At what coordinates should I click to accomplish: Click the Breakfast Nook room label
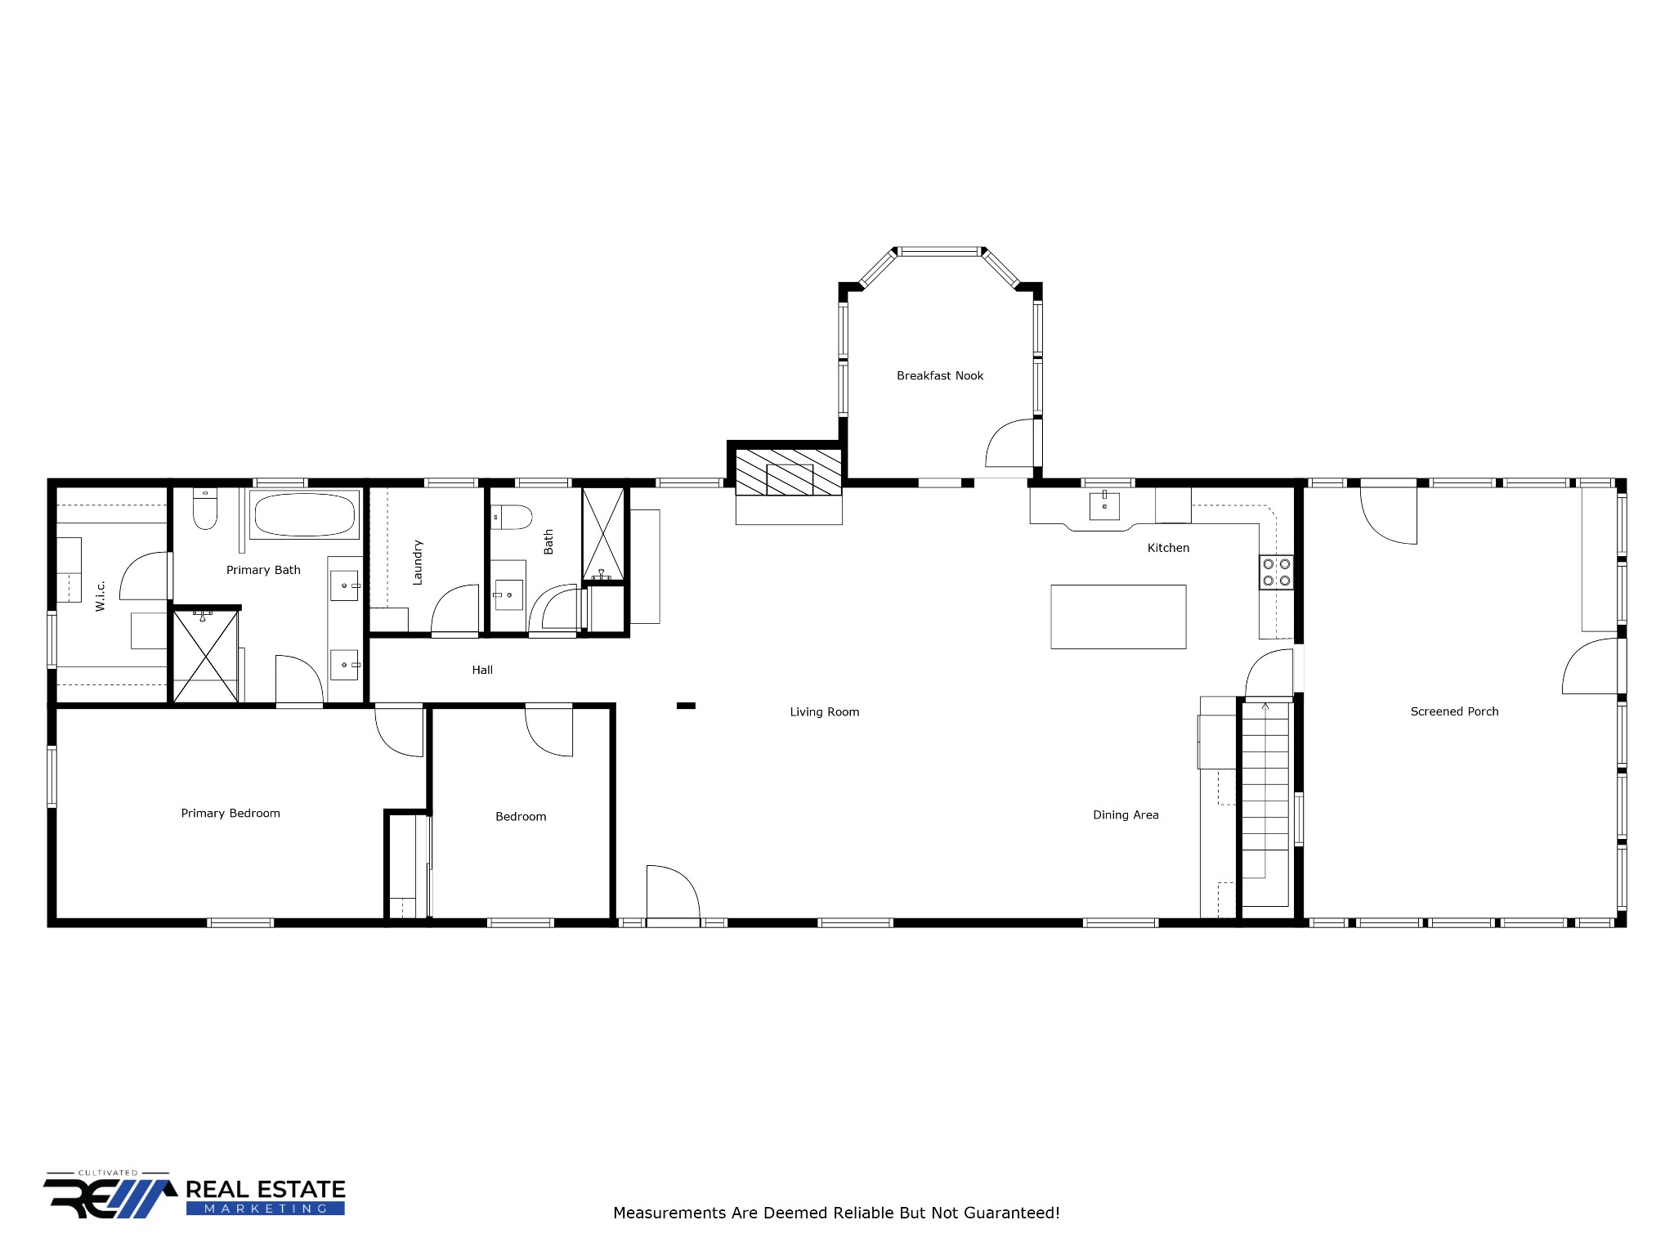[x=940, y=376]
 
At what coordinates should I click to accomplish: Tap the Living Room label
[x=824, y=712]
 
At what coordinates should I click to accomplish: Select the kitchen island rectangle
[x=1118, y=617]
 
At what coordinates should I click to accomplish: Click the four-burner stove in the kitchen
[x=1276, y=572]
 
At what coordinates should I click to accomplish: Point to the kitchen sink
[x=1104, y=506]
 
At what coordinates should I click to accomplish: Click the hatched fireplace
[x=789, y=473]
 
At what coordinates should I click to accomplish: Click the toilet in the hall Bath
[x=512, y=517]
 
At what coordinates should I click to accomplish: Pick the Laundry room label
[x=418, y=563]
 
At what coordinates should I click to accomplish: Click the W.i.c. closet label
[x=101, y=595]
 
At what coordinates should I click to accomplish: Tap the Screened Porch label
[x=1454, y=711]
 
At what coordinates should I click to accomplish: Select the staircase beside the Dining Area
[x=1265, y=801]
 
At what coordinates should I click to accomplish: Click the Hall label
[x=482, y=670]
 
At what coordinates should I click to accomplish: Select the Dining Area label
[x=1126, y=814]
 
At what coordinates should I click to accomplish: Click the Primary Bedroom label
[x=231, y=813]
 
